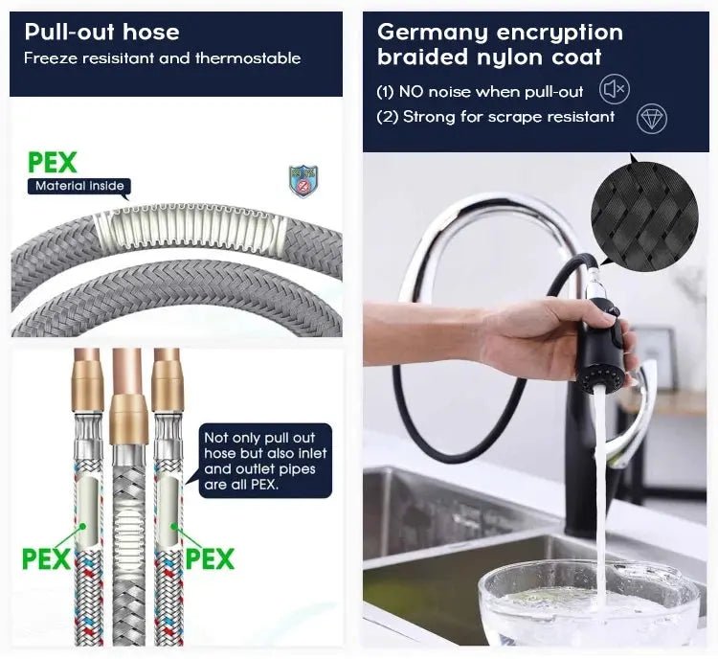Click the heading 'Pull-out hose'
click(x=101, y=32)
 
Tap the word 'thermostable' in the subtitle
click(x=248, y=58)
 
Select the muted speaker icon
click(x=615, y=88)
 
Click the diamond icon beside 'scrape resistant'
click(x=652, y=119)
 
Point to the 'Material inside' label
click(x=79, y=186)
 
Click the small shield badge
click(x=303, y=181)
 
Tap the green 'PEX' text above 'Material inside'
click(x=53, y=162)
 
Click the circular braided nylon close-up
click(x=644, y=216)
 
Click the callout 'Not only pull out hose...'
click(x=265, y=461)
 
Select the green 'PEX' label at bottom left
click(x=46, y=558)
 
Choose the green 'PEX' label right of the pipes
click(x=211, y=558)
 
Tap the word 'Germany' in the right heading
click(x=433, y=34)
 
